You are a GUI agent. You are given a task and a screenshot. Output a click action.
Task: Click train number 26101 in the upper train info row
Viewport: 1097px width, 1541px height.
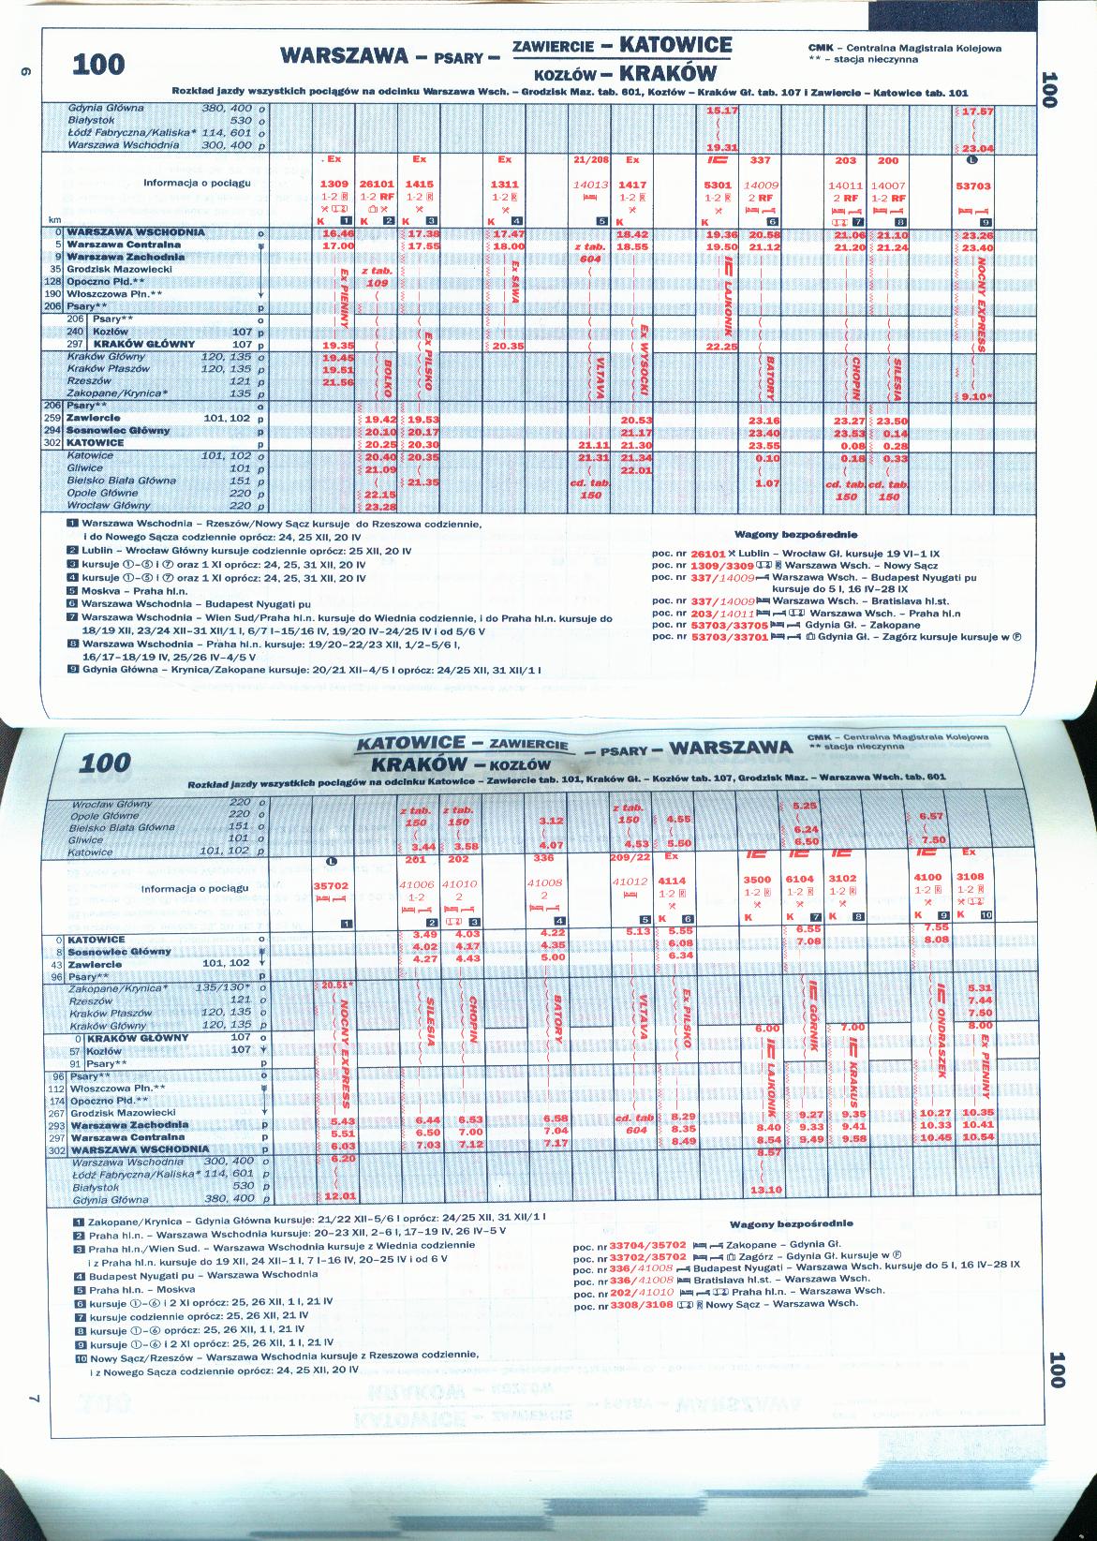pyautogui.click(x=377, y=185)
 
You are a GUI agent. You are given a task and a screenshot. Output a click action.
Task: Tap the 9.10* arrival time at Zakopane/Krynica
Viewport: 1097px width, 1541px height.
pyautogui.click(x=975, y=395)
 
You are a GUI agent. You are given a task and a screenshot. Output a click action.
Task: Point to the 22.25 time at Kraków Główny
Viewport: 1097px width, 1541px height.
pyautogui.click(x=721, y=346)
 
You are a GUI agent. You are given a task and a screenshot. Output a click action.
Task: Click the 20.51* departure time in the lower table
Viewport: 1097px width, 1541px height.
pyautogui.click(x=336, y=985)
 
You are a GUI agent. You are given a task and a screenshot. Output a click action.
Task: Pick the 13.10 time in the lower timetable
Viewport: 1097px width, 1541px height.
pyautogui.click(x=766, y=1190)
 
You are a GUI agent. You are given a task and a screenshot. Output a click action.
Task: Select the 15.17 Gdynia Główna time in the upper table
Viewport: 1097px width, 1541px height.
pyautogui.click(x=721, y=110)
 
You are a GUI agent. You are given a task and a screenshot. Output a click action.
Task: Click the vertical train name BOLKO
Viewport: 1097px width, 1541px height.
pyautogui.click(x=387, y=373)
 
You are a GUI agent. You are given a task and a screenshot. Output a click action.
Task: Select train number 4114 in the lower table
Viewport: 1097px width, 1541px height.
pyautogui.click(x=672, y=882)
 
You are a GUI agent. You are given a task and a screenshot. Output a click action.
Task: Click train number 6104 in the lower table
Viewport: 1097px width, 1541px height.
pyautogui.click(x=799, y=880)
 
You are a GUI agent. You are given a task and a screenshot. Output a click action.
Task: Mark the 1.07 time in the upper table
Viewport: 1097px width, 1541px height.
pyautogui.click(x=767, y=482)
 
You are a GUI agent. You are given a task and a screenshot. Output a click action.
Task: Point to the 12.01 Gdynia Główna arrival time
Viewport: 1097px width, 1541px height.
pyautogui.click(x=336, y=1197)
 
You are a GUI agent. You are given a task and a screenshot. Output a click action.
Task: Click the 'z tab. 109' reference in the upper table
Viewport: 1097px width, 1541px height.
pyautogui.click(x=377, y=276)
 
